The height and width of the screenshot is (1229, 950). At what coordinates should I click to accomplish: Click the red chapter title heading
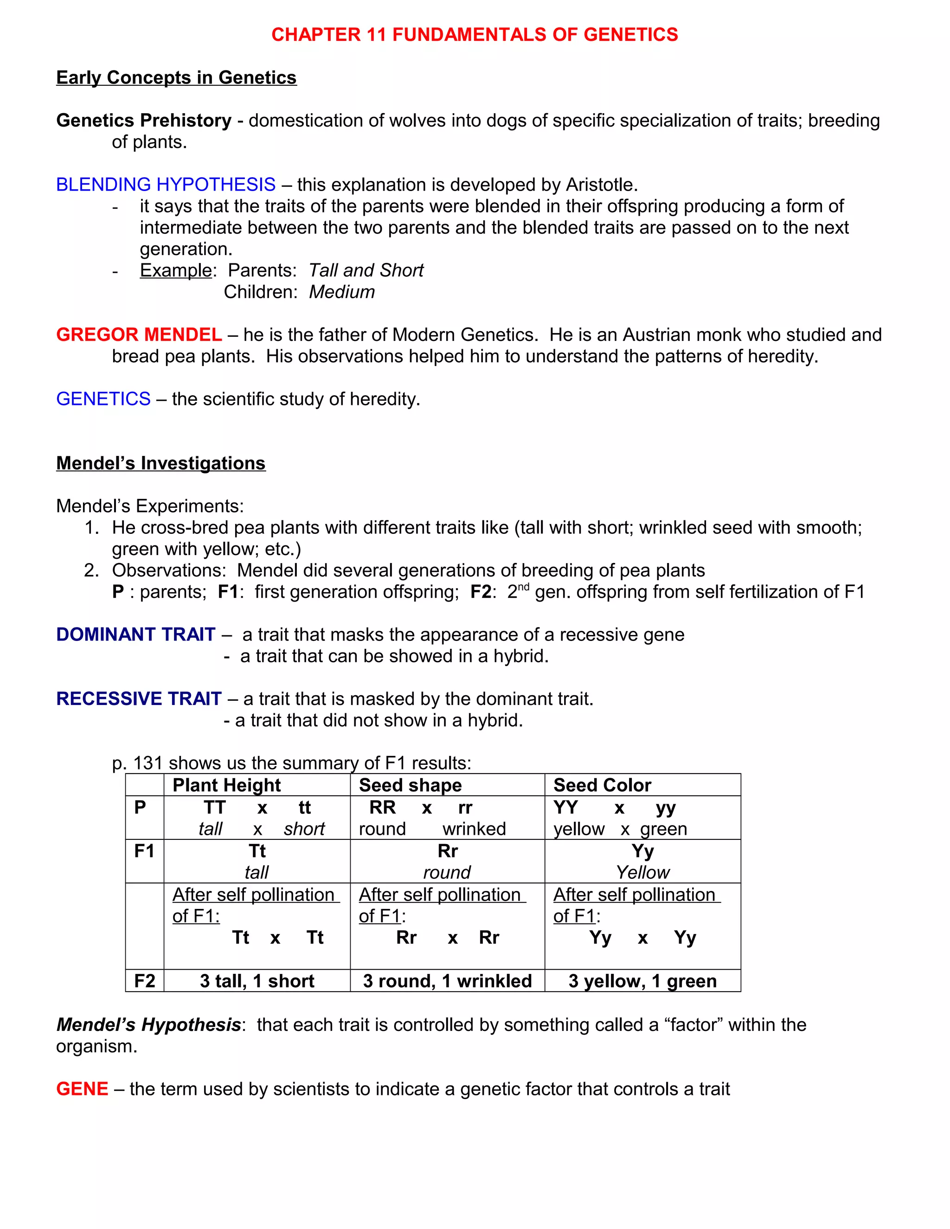click(475, 35)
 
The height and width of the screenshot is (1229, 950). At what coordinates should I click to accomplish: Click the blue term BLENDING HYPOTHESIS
click(166, 185)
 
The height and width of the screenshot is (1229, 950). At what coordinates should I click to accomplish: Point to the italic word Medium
click(341, 292)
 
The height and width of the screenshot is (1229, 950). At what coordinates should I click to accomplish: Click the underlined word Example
click(176, 271)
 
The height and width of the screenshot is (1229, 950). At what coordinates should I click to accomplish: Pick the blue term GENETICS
click(103, 399)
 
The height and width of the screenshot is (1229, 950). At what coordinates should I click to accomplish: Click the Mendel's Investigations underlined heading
click(160, 463)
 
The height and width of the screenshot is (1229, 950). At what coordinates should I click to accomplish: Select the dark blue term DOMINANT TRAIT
click(135, 635)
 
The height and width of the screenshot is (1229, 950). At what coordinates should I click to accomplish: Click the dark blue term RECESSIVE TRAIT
click(138, 699)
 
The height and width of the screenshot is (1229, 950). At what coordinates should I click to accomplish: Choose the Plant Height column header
click(226, 785)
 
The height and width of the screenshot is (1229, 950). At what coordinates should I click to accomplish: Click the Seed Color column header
click(602, 785)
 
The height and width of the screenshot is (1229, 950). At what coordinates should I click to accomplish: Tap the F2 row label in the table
click(145, 981)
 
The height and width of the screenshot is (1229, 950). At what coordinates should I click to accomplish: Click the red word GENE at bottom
click(82, 1089)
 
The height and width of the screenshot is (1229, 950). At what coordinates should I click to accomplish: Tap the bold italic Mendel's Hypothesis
click(148, 1025)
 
